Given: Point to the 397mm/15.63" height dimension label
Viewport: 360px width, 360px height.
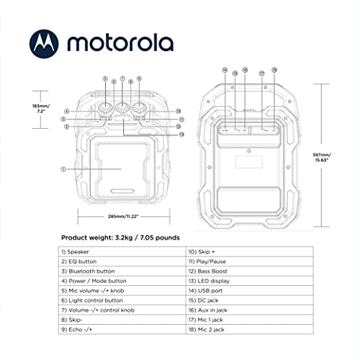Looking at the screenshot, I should [x=333, y=158].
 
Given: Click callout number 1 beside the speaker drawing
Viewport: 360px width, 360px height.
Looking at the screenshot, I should [x=63, y=169].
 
